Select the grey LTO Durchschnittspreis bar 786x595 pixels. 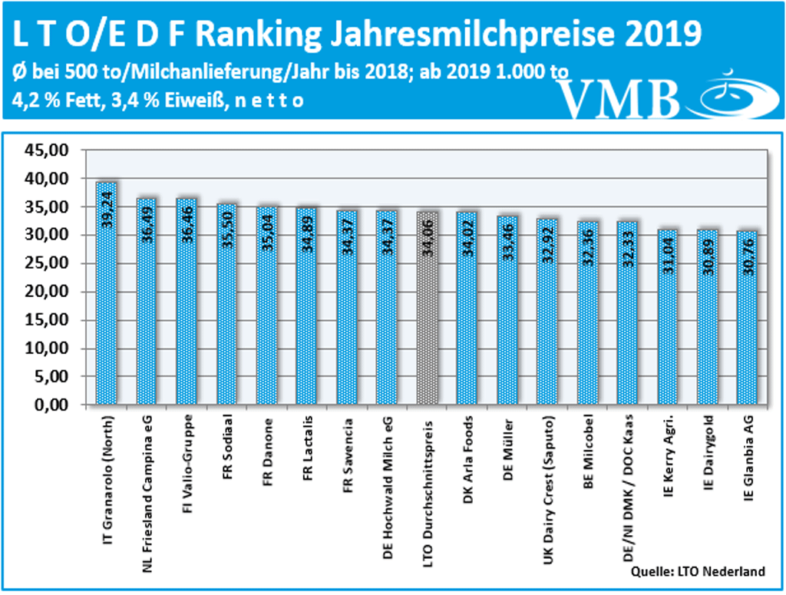pos(428,308)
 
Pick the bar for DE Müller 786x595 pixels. pos(507,310)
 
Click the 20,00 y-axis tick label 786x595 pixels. pos(47,293)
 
